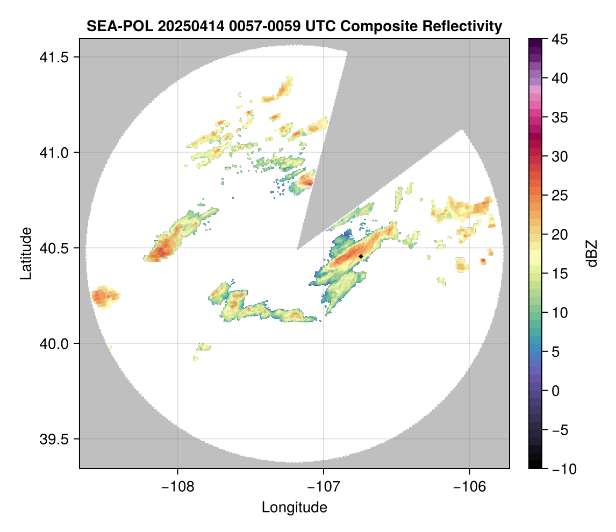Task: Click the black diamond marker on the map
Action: pyautogui.click(x=361, y=256)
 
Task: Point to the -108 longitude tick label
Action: pyautogui.click(x=177, y=486)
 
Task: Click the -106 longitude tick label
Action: pyautogui.click(x=470, y=486)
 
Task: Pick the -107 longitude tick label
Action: pyautogui.click(x=324, y=486)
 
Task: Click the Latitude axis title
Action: pyautogui.click(x=25, y=253)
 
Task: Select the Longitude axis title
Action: pyautogui.click(x=294, y=507)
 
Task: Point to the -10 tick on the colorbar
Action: pyautogui.click(x=557, y=469)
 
